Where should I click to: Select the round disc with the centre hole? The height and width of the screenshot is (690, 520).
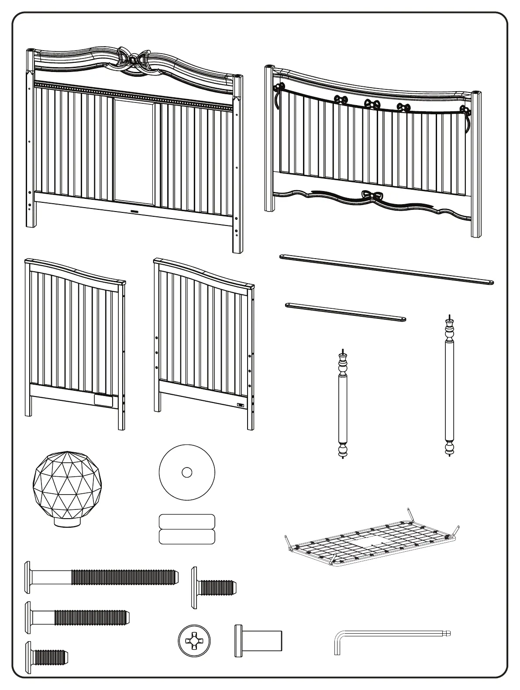187,472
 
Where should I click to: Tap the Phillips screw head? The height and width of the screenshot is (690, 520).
194,640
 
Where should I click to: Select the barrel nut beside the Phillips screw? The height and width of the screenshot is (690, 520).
258,640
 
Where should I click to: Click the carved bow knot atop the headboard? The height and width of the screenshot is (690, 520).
134,59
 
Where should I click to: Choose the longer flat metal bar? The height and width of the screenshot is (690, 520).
386,270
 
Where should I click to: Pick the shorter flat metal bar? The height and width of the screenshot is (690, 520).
345,311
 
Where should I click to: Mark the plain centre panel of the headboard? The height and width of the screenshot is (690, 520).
134,150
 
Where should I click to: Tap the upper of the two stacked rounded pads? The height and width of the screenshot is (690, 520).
187,521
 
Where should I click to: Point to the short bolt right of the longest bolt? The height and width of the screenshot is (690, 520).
214,587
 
